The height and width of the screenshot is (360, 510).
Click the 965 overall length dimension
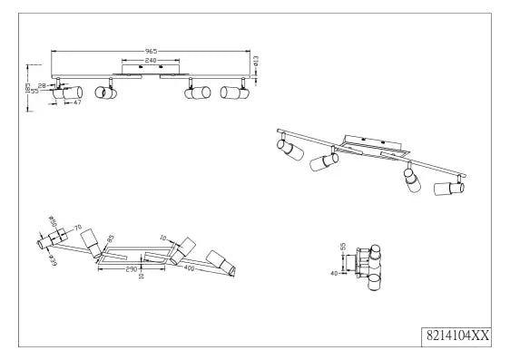[x=151, y=52]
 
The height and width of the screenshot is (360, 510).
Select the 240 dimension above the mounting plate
[x=151, y=61]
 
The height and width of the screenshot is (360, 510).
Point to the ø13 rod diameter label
[x=256, y=61]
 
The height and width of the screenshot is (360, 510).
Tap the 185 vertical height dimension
[x=28, y=88]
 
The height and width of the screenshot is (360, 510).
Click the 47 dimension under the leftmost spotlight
[x=77, y=102]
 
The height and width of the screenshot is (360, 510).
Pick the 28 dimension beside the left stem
[x=42, y=85]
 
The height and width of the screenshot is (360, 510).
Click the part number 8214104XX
[x=457, y=335]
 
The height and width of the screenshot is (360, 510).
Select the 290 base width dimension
[x=131, y=269]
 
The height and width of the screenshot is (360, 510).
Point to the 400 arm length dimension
[x=189, y=268]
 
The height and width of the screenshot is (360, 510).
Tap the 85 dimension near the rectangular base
[x=111, y=238]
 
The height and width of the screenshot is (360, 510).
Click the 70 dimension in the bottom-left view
[x=77, y=228]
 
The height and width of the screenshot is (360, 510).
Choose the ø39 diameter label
[x=53, y=260]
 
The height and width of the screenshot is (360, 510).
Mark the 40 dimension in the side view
[x=334, y=274]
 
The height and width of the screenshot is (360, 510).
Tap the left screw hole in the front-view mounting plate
[x=141, y=66]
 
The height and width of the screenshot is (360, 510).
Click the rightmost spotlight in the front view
[x=234, y=92]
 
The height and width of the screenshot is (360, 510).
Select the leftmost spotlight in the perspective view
[x=290, y=150]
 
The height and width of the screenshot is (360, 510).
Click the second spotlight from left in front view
[x=105, y=92]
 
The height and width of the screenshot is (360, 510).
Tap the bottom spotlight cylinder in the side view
[x=375, y=282]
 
